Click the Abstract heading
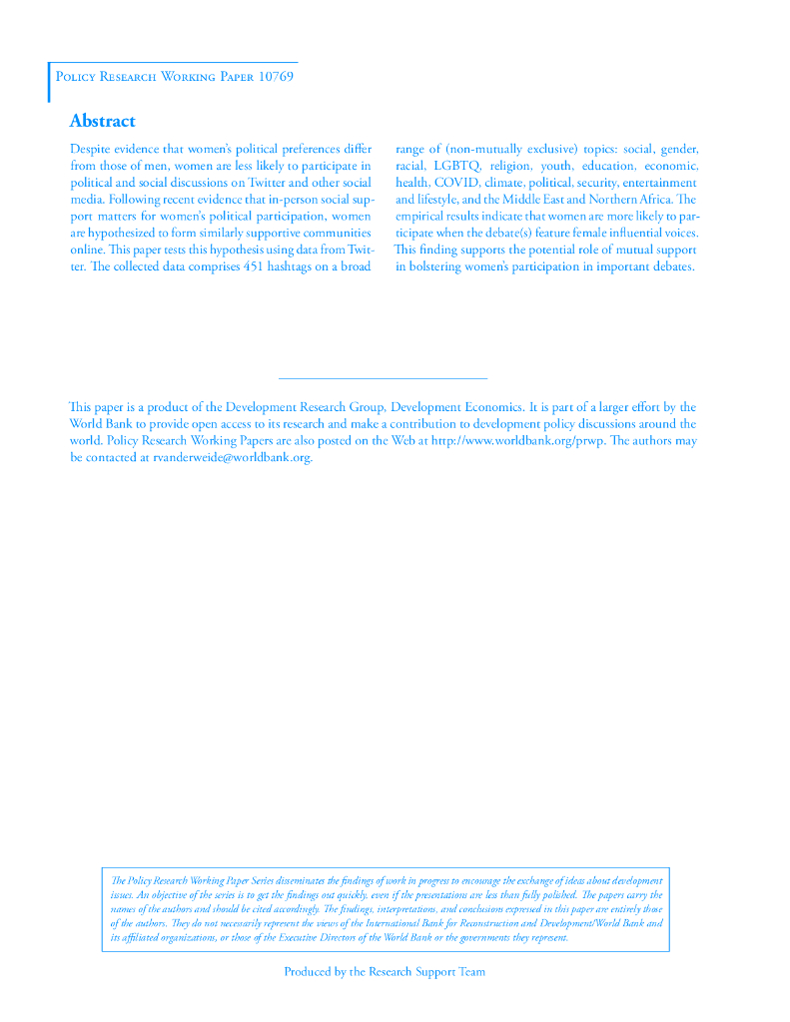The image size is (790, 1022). click(102, 121)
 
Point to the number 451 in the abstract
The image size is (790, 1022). click(261, 266)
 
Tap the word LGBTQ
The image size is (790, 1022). click(457, 166)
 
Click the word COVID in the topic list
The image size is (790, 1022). click(456, 183)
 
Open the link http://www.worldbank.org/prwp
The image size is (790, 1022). click(516, 441)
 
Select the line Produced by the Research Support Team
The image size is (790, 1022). click(385, 971)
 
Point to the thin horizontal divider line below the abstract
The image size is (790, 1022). click(383, 378)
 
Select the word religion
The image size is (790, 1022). click(509, 166)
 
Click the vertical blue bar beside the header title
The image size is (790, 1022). click(49, 82)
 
